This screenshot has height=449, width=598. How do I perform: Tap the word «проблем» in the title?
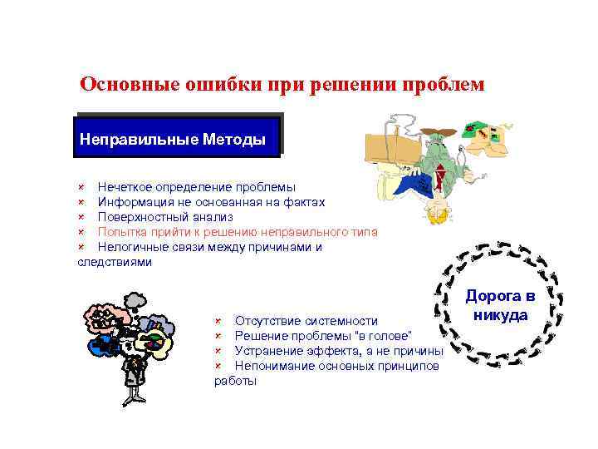(441, 85)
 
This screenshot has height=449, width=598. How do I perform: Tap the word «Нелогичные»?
(130, 246)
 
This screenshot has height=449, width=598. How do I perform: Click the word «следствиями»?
(115, 261)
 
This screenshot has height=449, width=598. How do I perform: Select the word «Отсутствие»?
(265, 321)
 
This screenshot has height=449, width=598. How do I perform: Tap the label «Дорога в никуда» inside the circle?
(499, 305)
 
